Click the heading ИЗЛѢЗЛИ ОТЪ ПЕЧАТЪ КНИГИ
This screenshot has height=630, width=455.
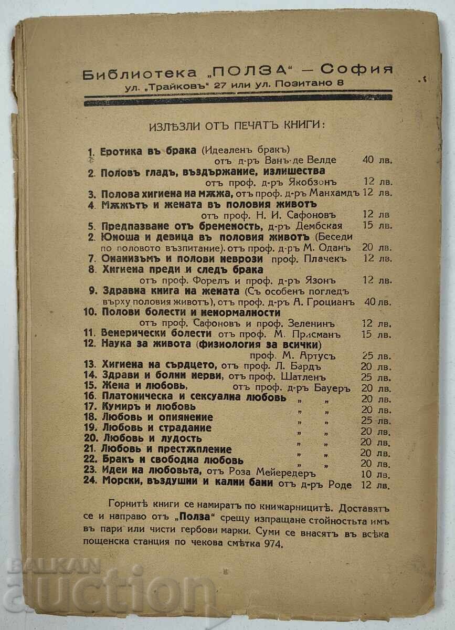tap(237, 125)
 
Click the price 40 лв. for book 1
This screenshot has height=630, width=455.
tap(377, 161)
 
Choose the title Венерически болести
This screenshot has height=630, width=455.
tap(157, 333)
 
